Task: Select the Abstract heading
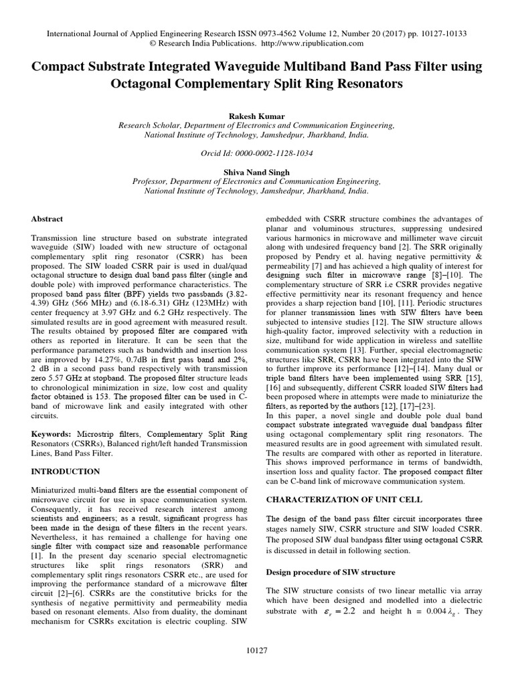coord(48,219)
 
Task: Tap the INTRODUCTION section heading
coord(67,472)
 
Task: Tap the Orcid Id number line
coord(257,153)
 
